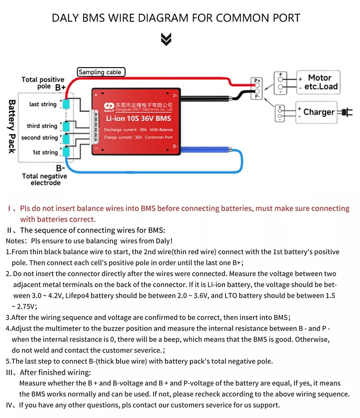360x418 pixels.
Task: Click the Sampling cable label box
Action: (101, 72)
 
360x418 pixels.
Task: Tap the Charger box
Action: (316, 112)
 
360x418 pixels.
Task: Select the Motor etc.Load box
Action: (318, 82)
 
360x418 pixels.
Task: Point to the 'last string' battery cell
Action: (67, 104)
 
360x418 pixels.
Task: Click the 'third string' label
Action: (42, 126)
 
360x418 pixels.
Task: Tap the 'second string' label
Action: (39, 138)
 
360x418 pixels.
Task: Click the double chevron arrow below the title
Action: (166, 39)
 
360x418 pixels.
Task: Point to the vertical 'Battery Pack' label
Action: (12, 127)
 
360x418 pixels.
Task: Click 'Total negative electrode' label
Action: (45, 179)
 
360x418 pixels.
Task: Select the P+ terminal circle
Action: (258, 86)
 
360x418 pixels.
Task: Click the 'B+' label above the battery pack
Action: (60, 88)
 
